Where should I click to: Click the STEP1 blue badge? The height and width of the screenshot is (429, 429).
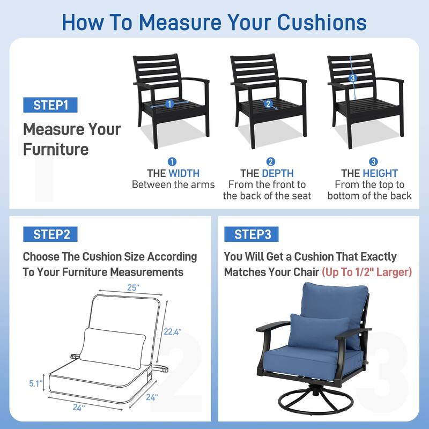[50, 105]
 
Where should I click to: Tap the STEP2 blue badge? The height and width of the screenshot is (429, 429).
[50, 234]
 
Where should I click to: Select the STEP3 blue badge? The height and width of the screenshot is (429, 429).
[252, 234]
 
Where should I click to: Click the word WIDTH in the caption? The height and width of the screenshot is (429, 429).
[184, 173]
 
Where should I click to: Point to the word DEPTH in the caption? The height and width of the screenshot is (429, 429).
[278, 173]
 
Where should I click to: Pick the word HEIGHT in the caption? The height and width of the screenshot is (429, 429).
[380, 173]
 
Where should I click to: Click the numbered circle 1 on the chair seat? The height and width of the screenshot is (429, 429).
[169, 103]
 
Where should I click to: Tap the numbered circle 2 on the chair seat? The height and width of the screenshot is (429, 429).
[268, 103]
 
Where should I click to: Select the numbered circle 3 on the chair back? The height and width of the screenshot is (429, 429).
[353, 78]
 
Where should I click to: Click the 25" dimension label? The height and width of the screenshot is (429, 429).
[134, 287]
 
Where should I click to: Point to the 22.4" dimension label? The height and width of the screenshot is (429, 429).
[172, 332]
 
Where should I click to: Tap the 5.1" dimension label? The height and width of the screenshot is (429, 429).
[36, 383]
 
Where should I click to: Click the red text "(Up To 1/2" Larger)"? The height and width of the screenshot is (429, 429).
[367, 272]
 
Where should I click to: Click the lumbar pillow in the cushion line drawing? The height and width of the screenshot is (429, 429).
[113, 347]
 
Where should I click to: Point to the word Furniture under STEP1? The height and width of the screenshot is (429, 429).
[56, 150]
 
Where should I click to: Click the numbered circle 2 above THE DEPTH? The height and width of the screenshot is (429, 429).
[271, 162]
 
